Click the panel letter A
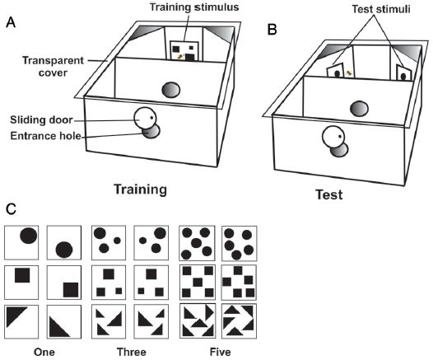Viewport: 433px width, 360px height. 11,22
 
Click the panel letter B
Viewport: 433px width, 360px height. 272,30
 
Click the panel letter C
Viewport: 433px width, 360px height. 11,209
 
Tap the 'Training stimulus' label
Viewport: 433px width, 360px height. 194,7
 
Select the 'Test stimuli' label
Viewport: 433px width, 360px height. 381,9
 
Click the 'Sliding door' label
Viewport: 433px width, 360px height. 41,120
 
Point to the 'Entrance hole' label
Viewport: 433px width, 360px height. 46,136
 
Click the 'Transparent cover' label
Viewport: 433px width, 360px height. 53,67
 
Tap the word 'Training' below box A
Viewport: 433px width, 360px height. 140,190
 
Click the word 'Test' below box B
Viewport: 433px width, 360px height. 329,194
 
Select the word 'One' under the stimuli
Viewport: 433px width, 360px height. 44,352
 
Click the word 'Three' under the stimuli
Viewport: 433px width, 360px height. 132,352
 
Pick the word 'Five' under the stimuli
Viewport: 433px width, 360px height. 220,352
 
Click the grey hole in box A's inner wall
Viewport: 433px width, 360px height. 171,90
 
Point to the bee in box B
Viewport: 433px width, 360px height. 349,73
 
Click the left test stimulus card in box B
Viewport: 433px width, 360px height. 336,70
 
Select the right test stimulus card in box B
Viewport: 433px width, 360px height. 403,72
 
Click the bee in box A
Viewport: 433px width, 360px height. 181,57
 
